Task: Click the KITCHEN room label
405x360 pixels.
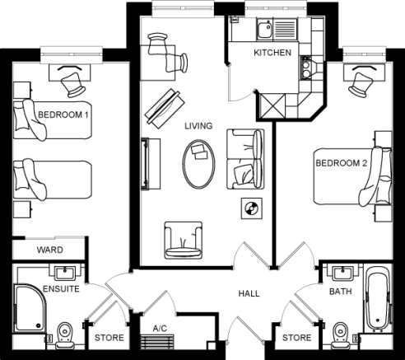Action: [x=272, y=53]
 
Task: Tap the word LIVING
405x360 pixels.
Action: [x=198, y=126]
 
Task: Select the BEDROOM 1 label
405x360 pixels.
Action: [x=63, y=115]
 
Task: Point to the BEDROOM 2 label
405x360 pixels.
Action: [x=341, y=163]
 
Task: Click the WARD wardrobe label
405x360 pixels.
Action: [x=49, y=250]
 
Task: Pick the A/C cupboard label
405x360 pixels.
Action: [x=160, y=328]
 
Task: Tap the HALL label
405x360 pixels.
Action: [x=249, y=293]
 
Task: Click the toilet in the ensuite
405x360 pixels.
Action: [x=65, y=335]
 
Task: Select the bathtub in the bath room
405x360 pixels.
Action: [x=378, y=298]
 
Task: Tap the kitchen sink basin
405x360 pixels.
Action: [x=264, y=30]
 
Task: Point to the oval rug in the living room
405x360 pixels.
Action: [x=198, y=164]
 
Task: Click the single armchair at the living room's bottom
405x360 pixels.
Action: [x=184, y=241]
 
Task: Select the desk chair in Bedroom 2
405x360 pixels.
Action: [x=360, y=84]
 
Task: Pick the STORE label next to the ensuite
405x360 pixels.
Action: [x=109, y=338]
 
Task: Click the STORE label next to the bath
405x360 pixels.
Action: [x=296, y=338]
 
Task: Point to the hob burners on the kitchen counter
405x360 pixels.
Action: [x=305, y=68]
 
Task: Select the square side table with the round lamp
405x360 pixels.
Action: [x=251, y=208]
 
